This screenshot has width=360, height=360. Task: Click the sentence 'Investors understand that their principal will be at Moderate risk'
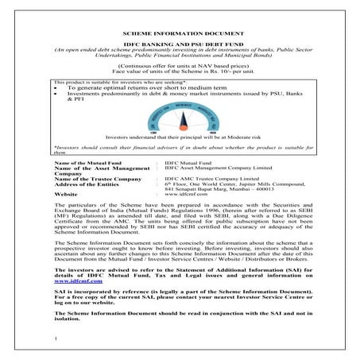click(180, 137)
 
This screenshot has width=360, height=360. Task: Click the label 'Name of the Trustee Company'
click(90, 180)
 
